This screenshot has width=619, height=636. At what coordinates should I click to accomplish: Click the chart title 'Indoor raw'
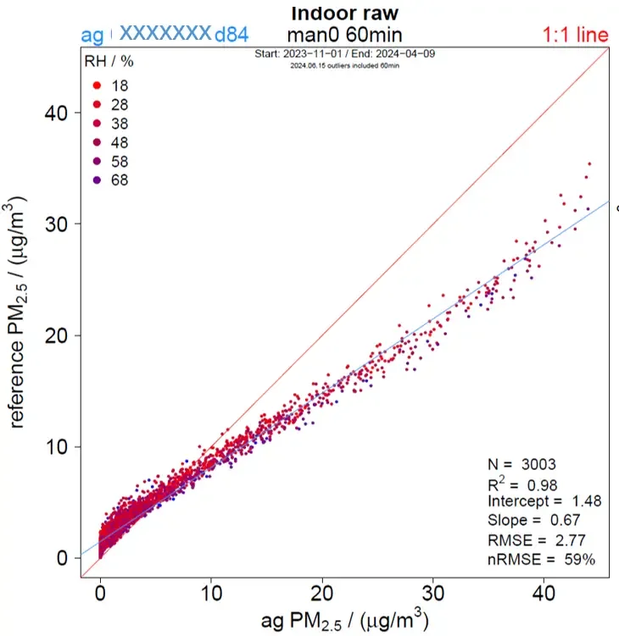344,14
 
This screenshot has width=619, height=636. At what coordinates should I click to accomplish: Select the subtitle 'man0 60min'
344,35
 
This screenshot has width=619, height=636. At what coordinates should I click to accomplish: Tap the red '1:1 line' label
576,36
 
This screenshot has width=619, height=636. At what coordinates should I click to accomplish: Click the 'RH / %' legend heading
108,63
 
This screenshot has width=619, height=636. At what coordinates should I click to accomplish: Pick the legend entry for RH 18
109,86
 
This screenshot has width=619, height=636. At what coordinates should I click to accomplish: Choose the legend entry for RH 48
109,142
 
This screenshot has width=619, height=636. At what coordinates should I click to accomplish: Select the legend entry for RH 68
109,180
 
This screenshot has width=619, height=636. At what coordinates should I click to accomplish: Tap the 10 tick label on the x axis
211,590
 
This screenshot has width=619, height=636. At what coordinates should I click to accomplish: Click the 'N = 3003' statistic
521,464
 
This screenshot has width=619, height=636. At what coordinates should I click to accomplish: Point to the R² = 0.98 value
521,483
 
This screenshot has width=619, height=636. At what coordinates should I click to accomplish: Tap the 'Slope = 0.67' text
533,520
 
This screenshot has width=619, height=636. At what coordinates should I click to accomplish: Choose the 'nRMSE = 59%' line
542,559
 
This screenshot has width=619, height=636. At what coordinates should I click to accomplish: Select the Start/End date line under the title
345,53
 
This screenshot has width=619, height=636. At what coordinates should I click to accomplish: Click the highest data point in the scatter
589,163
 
